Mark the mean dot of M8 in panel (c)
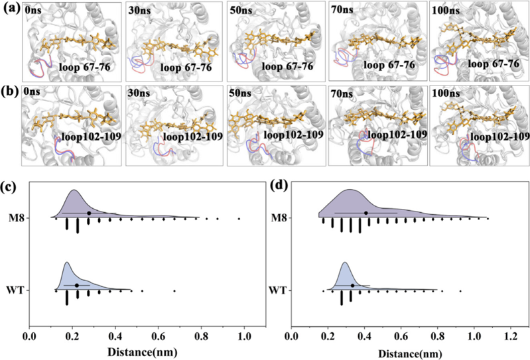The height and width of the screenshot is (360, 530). click(89, 213)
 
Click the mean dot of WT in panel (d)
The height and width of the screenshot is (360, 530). click(353, 285)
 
